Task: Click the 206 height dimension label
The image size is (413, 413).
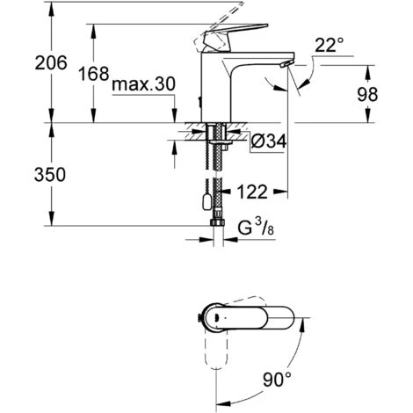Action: (x=51, y=62)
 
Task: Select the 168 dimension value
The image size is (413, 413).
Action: (x=94, y=74)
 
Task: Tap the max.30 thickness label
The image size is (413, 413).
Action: (x=143, y=84)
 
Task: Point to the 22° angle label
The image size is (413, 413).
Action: (x=329, y=46)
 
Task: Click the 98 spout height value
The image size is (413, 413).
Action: (x=367, y=94)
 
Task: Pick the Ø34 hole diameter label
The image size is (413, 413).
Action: (x=269, y=141)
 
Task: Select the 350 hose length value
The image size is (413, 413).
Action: (x=50, y=175)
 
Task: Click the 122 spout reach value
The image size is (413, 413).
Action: (x=252, y=192)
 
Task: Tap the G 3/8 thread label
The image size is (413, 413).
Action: (x=256, y=228)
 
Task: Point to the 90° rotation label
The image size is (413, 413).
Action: (x=277, y=380)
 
